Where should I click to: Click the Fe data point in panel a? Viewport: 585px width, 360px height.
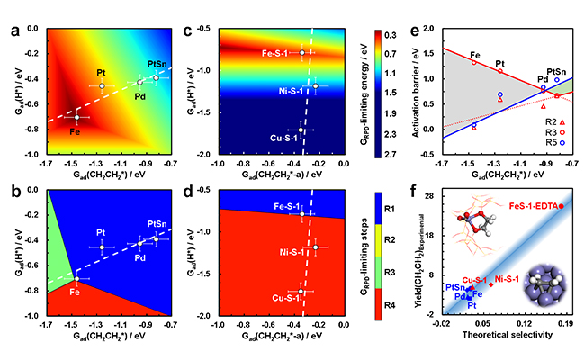click(76, 117)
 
